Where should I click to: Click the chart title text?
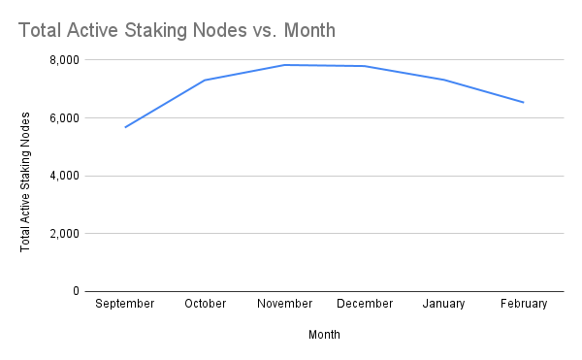point(178,30)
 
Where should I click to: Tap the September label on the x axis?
point(125,304)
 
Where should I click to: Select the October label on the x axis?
point(205,304)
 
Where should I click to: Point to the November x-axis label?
point(285,304)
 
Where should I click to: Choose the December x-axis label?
point(365,304)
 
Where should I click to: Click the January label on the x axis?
point(444,304)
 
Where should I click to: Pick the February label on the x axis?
point(524,304)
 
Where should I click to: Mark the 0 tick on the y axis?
point(75,291)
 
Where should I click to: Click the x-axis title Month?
point(324,335)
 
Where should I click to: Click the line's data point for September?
point(125,127)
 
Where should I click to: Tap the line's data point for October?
point(205,80)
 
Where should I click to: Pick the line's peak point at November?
point(285,65)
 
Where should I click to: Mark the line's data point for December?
point(365,66)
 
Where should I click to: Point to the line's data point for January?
point(444,80)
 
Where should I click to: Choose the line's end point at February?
point(524,102)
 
